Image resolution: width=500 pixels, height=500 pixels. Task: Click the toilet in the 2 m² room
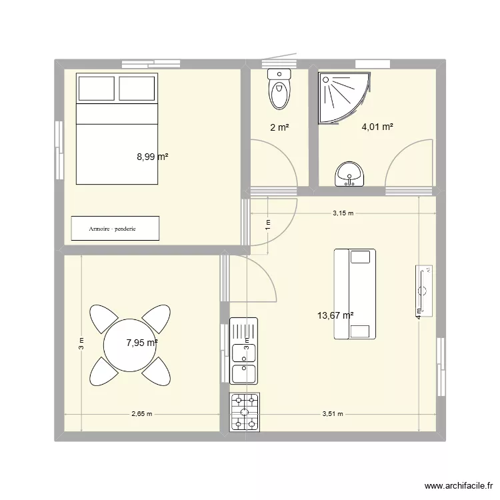click(279, 89)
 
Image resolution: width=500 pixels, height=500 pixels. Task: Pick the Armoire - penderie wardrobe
click(115, 228)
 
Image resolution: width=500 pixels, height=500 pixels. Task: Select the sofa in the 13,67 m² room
click(355, 294)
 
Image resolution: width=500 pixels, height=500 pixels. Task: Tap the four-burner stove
click(245, 411)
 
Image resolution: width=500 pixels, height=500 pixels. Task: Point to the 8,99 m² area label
click(152, 157)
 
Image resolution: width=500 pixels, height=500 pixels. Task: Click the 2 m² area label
click(279, 127)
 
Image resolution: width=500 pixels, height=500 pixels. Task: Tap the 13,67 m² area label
click(335, 316)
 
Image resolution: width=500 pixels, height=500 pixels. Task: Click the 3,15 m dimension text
click(343, 213)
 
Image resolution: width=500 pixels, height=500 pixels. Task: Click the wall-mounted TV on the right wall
click(424, 290)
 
